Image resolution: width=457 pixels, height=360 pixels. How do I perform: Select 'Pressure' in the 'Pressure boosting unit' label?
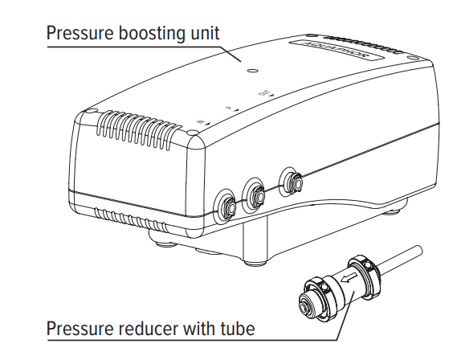pyautogui.click(x=80, y=34)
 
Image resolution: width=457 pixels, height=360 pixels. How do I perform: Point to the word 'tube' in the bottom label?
pyautogui.click(x=236, y=329)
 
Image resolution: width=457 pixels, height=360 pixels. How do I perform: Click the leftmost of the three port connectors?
pyautogui.click(x=227, y=204)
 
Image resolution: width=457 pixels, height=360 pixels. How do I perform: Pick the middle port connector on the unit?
pyautogui.click(x=257, y=192)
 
